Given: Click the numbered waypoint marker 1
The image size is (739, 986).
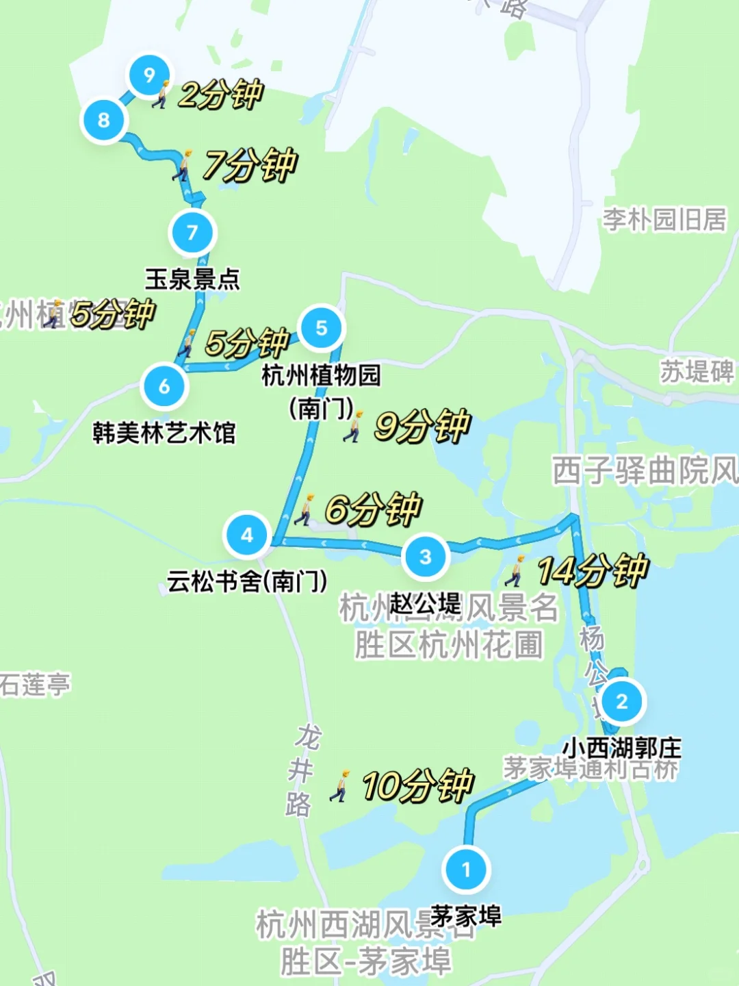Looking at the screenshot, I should click(x=466, y=869).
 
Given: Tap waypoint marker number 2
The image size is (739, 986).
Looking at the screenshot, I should click(x=621, y=701).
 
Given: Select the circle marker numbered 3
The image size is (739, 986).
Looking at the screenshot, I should click(x=426, y=557).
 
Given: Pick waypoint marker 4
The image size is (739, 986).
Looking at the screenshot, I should click(x=247, y=535).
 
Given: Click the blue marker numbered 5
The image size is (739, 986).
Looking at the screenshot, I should click(x=322, y=328).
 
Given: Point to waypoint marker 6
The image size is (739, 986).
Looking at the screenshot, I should click(x=164, y=386).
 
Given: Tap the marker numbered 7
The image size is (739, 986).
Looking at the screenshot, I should click(x=192, y=232).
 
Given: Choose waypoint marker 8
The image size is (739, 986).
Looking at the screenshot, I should click(x=104, y=120).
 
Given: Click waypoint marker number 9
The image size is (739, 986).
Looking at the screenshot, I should click(x=149, y=75).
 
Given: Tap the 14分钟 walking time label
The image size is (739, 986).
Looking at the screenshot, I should click(x=591, y=570).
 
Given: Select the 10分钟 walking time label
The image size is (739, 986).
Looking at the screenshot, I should click(x=417, y=785).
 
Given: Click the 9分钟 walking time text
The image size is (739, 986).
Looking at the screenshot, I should click(x=422, y=425).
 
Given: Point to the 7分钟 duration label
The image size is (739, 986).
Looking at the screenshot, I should click(x=250, y=164).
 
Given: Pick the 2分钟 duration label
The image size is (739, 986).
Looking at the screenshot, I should click(x=220, y=93).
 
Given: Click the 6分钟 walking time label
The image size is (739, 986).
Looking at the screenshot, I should click(x=373, y=509).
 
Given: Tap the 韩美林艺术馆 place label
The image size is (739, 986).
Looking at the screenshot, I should click(x=164, y=433).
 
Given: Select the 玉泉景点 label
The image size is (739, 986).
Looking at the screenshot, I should click(x=192, y=279).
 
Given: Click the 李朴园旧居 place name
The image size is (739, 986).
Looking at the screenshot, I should click(x=664, y=220).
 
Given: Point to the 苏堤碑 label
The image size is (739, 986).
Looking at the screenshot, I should click(x=697, y=371).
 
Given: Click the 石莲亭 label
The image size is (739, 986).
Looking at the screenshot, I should click(x=34, y=683).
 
